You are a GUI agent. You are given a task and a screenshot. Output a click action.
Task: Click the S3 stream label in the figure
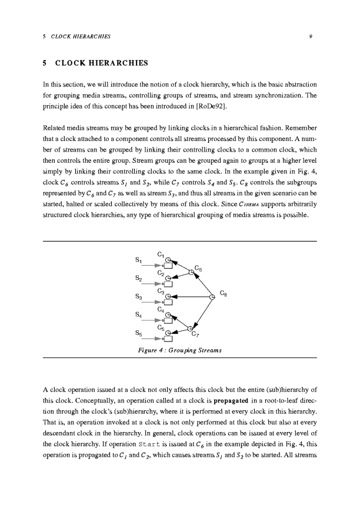click(x=139, y=297)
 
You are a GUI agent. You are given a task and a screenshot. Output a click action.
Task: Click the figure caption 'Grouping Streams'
click(x=179, y=351)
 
